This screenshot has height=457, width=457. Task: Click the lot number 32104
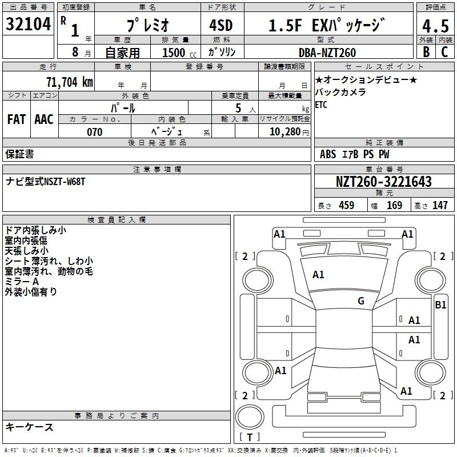pyautogui.click(x=28, y=25)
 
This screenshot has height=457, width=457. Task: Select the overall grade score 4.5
pyautogui.click(x=435, y=26)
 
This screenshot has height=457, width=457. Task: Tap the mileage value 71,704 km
pyautogui.click(x=69, y=82)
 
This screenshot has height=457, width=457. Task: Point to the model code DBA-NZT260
pyautogui.click(x=327, y=53)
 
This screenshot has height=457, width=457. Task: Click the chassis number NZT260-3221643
pyautogui.click(x=383, y=182)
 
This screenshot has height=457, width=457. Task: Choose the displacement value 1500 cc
pyautogui.click(x=178, y=53)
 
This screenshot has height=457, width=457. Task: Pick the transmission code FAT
pyautogui.click(x=16, y=119)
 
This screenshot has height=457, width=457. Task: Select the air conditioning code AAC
pyautogui.click(x=44, y=119)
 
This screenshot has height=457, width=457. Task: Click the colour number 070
pyautogui.click(x=94, y=133)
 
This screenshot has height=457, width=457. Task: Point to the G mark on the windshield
pyautogui.click(x=361, y=301)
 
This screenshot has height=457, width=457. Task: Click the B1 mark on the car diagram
pyautogui.click(x=440, y=305)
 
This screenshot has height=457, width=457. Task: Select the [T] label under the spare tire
pyautogui.click(x=250, y=438)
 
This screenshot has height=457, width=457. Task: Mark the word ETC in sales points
pyautogui.click(x=322, y=105)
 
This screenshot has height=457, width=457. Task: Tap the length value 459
pyautogui.click(x=346, y=205)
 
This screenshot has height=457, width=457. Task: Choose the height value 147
pyautogui.click(x=440, y=205)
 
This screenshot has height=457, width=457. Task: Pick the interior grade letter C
pyautogui.click(x=444, y=51)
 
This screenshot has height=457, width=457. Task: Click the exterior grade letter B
pyautogui.click(x=426, y=51)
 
